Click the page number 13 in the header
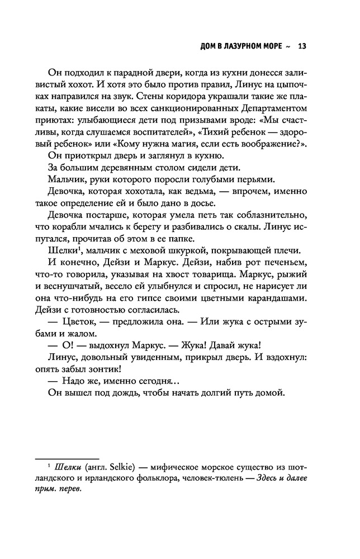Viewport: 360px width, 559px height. click(x=302, y=46)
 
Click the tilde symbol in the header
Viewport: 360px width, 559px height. click(x=287, y=46)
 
